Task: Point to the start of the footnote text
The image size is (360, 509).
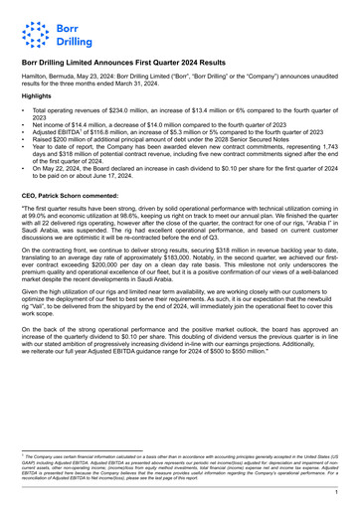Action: pyautogui.click(x=30, y=454)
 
